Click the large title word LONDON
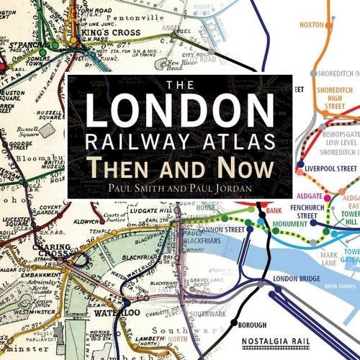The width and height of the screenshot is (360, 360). (x=179, y=109)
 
